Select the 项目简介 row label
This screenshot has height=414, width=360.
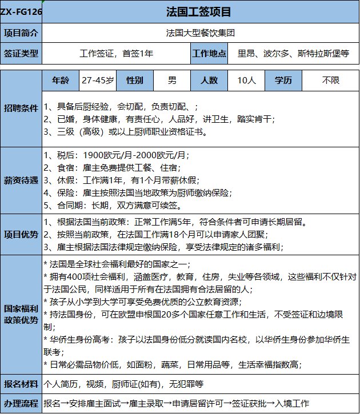[21, 33]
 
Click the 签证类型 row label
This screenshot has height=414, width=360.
[21, 54]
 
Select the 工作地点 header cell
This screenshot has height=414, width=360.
[209, 54]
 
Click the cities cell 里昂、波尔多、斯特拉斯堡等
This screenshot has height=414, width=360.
[293, 54]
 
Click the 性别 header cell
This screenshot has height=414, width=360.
[134, 80]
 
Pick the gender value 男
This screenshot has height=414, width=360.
[172, 80]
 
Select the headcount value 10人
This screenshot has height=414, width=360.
[246, 80]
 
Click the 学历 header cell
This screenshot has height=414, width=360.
[283, 80]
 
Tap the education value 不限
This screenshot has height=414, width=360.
[330, 80]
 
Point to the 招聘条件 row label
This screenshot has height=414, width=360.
[21, 107]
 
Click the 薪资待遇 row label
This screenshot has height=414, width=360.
[21, 180]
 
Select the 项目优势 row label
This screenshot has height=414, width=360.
[21, 234]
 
